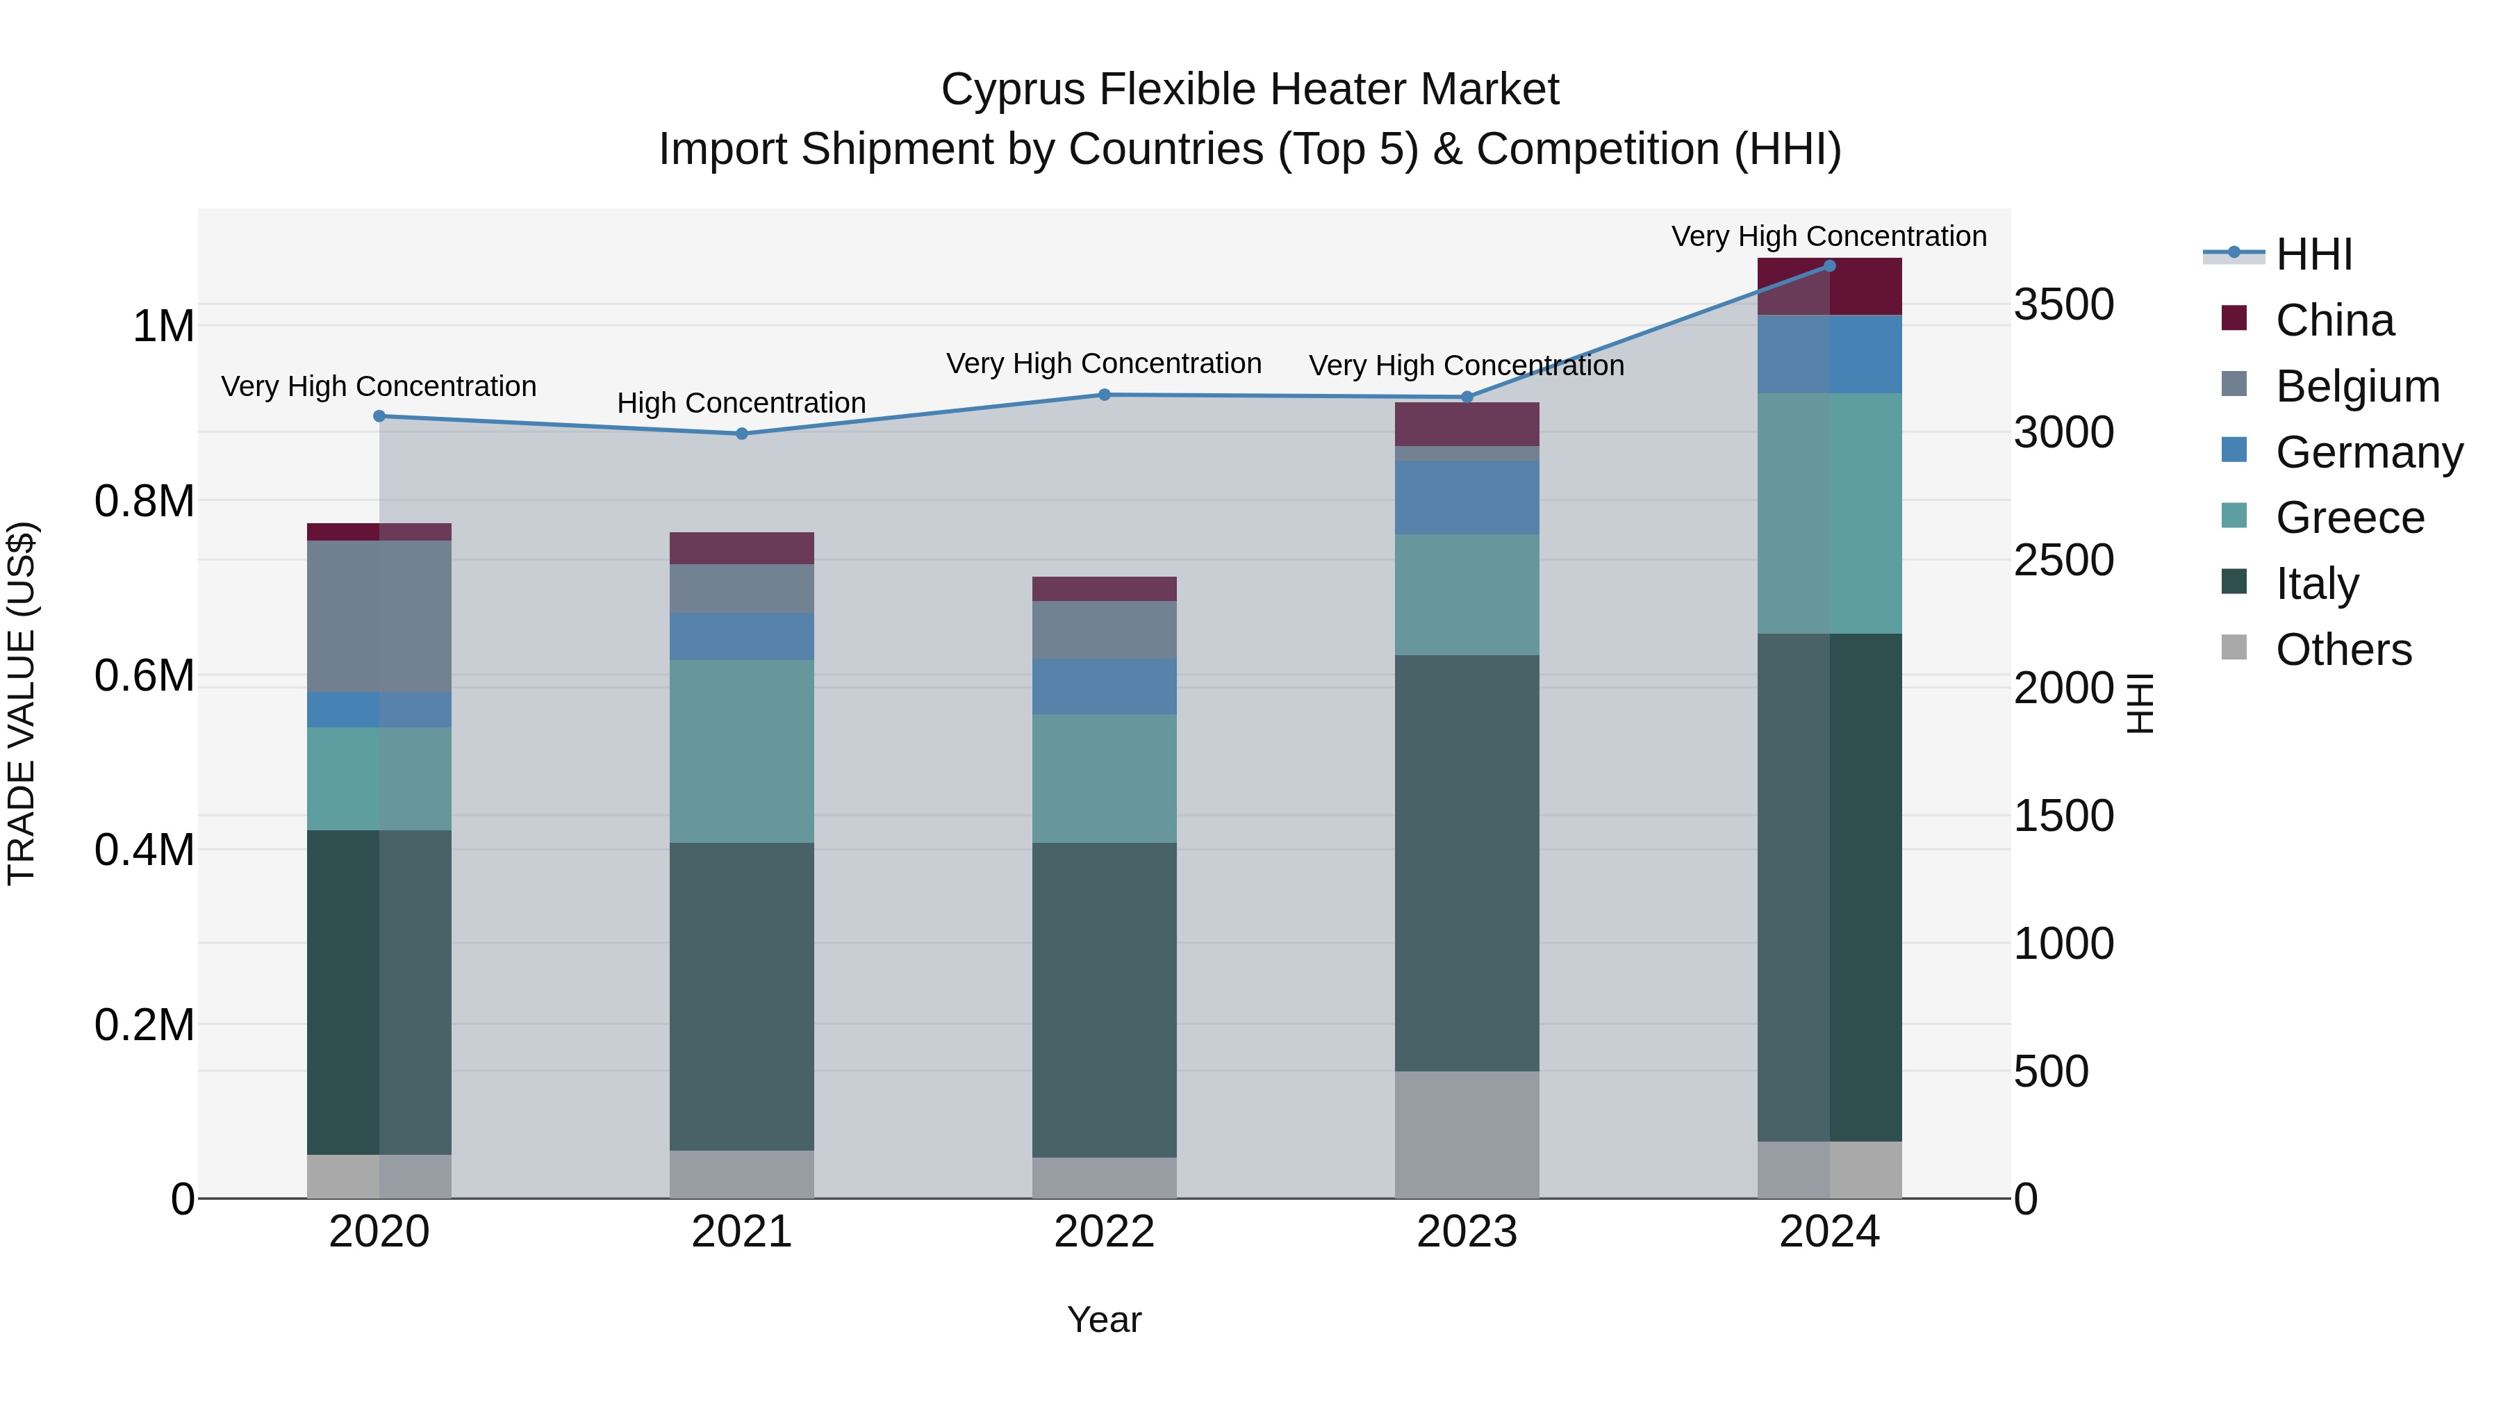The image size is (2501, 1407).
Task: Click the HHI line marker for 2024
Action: (x=1829, y=266)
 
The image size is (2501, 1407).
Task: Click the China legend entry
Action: (x=2334, y=320)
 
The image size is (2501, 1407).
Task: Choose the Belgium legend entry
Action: (x=2356, y=386)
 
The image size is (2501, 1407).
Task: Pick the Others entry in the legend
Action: (x=2343, y=650)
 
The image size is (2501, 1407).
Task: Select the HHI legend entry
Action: (x=2313, y=254)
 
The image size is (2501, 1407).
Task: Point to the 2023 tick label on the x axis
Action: (x=1466, y=1232)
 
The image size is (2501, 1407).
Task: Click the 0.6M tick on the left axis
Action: (x=144, y=676)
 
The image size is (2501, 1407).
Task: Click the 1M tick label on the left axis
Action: (x=163, y=327)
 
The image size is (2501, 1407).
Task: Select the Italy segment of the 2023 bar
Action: (x=1466, y=862)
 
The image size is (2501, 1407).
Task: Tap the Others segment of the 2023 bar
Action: (x=1466, y=1134)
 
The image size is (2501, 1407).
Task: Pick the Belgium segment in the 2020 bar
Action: (x=379, y=616)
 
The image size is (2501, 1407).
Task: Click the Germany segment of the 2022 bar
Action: (x=1104, y=686)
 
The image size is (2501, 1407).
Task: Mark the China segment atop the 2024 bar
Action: (x=1829, y=288)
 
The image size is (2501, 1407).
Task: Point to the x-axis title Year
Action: (x=1104, y=1319)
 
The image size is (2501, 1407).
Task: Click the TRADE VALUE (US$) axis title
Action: (x=22, y=703)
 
